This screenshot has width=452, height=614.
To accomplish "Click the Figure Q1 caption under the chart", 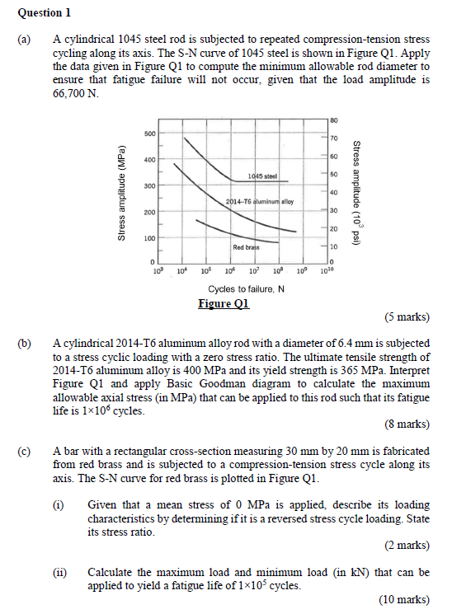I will pyautogui.click(x=224, y=302).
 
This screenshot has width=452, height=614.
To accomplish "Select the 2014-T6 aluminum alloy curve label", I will pyautogui.click(x=259, y=201).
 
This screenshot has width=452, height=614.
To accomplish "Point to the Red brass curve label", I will pyautogui.click(x=246, y=246).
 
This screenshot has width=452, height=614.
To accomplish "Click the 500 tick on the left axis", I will pyautogui.click(x=148, y=133).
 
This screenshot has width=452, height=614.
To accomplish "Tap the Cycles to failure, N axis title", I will pyautogui.click(x=247, y=288).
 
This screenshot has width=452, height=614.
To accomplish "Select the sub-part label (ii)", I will pyautogui.click(x=59, y=571).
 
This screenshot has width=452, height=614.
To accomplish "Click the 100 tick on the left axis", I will pyautogui.click(x=148, y=238).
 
